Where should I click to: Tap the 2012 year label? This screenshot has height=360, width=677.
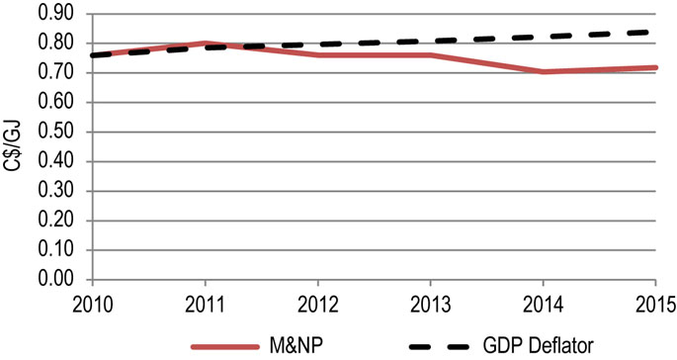tap(317, 301)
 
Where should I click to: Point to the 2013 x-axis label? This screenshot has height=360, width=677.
tap(431, 301)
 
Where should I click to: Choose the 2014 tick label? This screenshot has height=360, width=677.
tap(544, 301)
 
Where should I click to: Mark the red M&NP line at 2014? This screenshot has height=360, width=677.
tap(544, 72)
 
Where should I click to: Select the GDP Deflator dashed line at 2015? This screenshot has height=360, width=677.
tap(654, 33)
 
